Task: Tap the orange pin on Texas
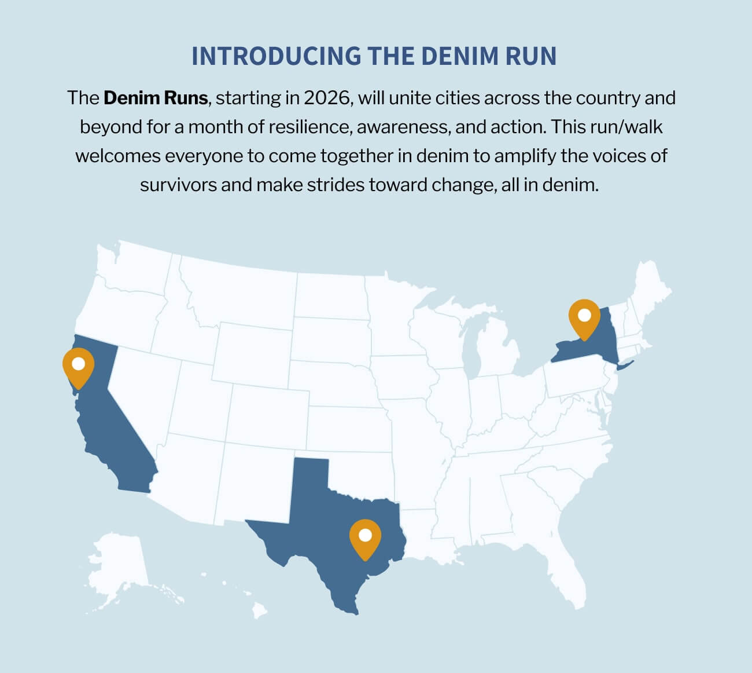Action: [365, 537]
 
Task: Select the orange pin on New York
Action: [584, 317]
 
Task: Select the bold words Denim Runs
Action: [156, 98]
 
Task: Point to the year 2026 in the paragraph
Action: [327, 98]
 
